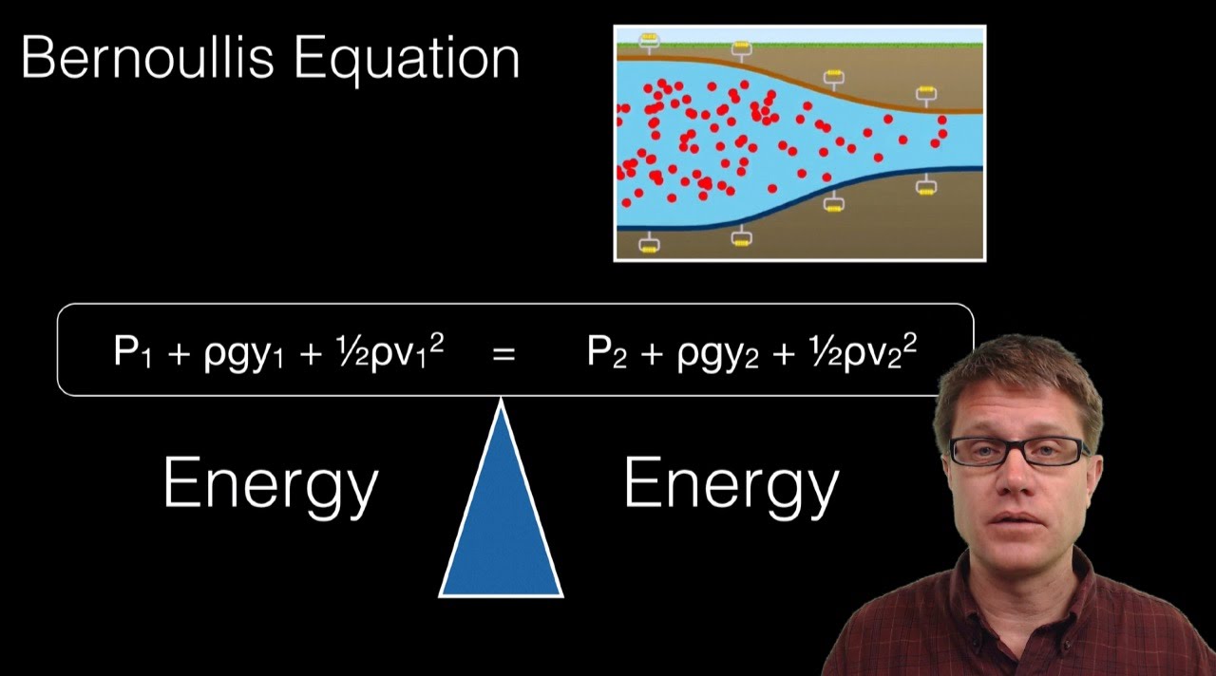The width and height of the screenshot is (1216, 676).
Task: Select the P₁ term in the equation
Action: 133,353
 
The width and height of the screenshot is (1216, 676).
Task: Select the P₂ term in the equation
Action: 607,353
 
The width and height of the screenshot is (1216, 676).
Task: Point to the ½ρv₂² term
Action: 861,352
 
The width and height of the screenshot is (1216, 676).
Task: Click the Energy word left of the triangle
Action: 271,485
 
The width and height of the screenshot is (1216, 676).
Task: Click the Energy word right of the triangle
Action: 731,485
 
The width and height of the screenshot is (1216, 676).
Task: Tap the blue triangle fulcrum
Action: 501,532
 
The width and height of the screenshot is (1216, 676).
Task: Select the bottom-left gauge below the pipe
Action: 649,244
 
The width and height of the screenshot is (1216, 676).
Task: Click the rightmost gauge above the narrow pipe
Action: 926,93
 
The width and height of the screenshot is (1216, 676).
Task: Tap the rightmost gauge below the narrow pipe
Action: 926,186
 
